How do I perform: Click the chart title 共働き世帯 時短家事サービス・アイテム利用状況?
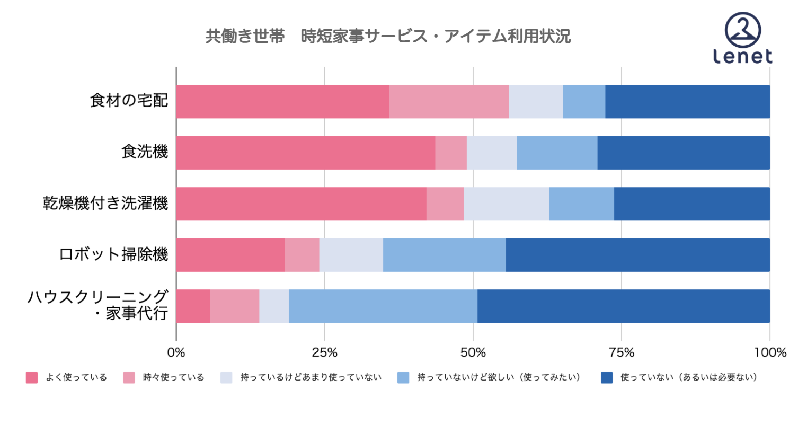pyautogui.click(x=388, y=37)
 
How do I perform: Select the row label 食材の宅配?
pyautogui.click(x=129, y=101)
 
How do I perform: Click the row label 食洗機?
pyautogui.click(x=145, y=153)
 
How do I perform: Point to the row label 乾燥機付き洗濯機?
pyautogui.click(x=105, y=204)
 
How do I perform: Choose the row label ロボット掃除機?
pyautogui.click(x=113, y=255)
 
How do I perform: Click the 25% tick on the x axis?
pyautogui.click(x=324, y=352)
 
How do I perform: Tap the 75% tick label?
pyautogui.click(x=621, y=352)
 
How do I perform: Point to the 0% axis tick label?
pyautogui.click(x=176, y=352)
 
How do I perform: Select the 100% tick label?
pyautogui.click(x=769, y=352)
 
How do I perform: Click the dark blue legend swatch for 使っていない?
pyautogui.click(x=607, y=377)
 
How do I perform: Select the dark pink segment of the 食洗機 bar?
pyautogui.click(x=305, y=153)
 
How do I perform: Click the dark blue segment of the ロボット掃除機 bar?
pyautogui.click(x=637, y=255)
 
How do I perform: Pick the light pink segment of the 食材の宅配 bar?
pyautogui.click(x=449, y=101)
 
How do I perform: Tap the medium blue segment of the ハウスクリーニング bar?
pyautogui.click(x=383, y=306)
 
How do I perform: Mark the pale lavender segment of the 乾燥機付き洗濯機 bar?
pyautogui.click(x=506, y=204)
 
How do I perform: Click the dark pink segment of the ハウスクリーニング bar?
pyautogui.click(x=193, y=306)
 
